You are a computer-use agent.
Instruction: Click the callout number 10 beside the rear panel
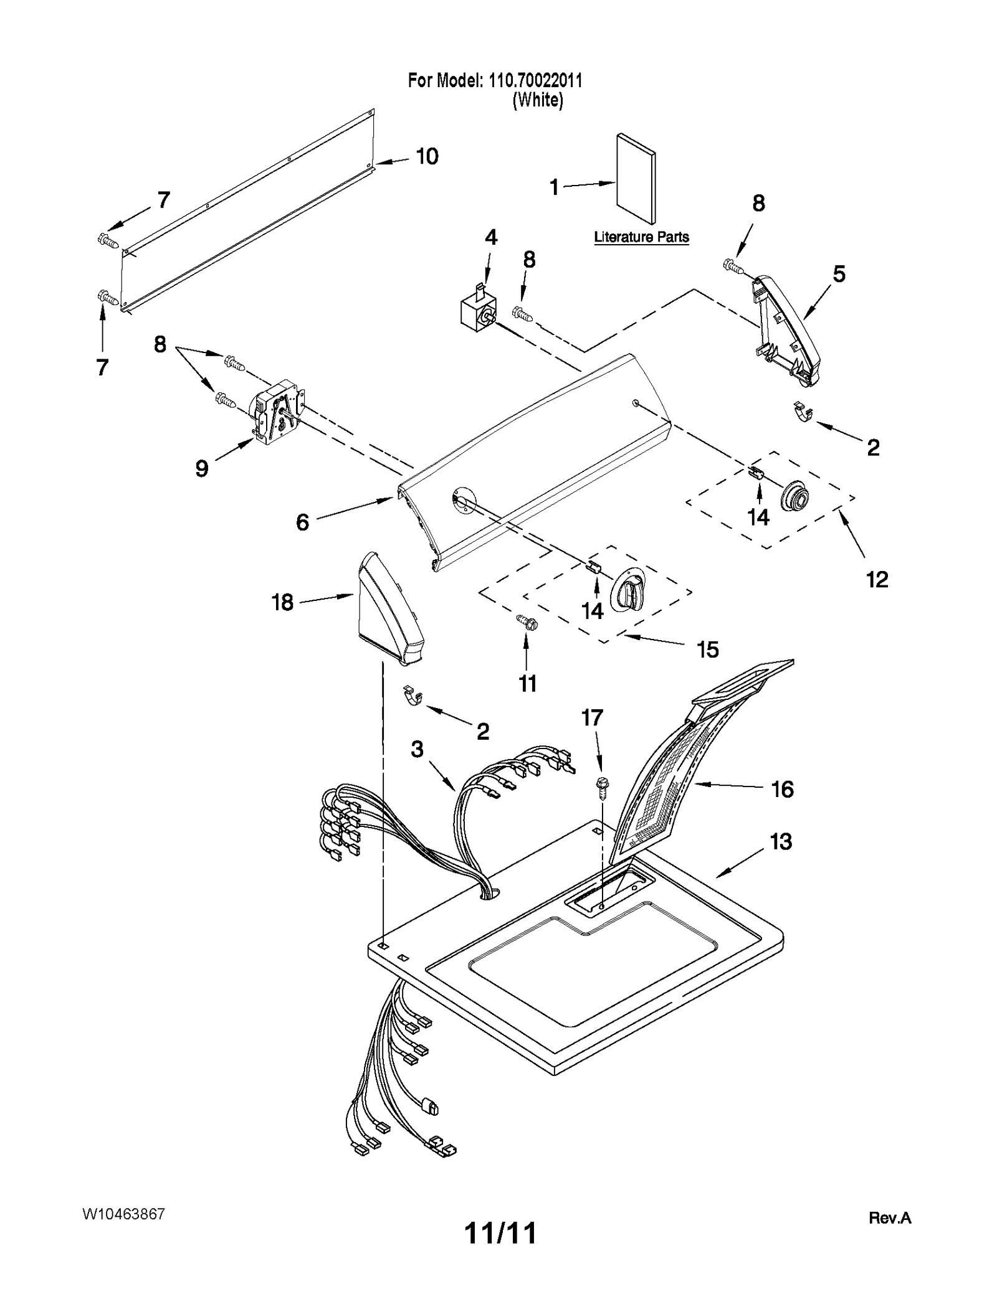click(x=427, y=156)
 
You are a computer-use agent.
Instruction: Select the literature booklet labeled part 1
click(x=636, y=178)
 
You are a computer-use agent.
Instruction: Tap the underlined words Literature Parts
click(x=641, y=237)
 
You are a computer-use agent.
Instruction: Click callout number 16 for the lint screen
click(x=783, y=790)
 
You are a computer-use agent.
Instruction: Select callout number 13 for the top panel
click(x=781, y=842)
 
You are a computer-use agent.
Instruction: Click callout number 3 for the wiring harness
click(x=417, y=749)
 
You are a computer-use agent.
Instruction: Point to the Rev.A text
click(x=890, y=1218)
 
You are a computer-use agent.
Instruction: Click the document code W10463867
click(x=123, y=1214)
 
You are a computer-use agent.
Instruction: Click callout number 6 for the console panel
click(x=303, y=522)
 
